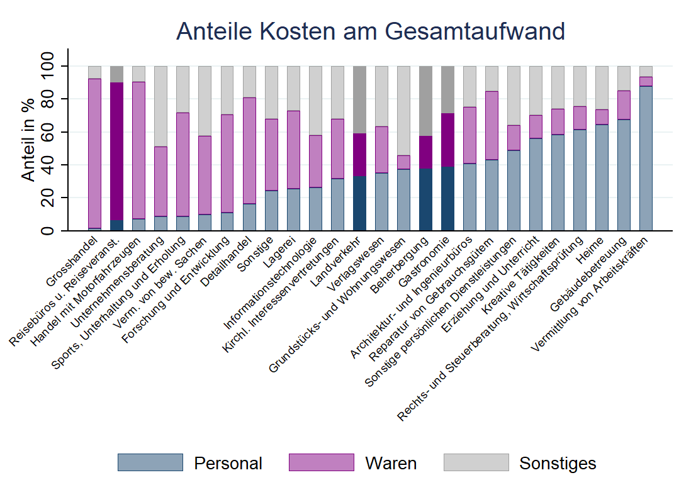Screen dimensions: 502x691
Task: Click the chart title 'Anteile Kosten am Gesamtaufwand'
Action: click(370, 31)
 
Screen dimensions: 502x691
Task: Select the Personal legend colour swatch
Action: click(150, 463)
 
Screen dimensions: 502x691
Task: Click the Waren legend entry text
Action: click(390, 464)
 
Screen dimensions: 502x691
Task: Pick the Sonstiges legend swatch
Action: click(476, 463)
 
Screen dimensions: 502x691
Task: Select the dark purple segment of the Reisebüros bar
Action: click(116, 151)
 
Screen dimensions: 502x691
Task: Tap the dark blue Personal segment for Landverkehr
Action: click(359, 203)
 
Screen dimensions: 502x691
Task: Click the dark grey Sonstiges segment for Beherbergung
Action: click(425, 101)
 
